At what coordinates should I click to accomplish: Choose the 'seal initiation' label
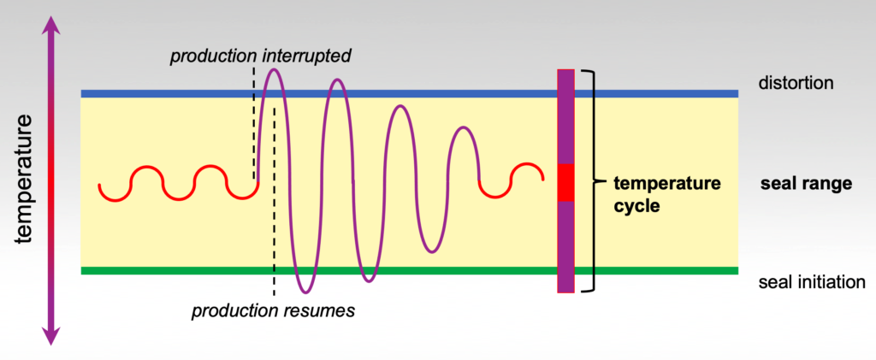point(812,282)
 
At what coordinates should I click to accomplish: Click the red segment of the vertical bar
point(565,182)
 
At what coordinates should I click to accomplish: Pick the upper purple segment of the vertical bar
point(565,115)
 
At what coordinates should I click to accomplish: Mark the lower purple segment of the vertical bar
point(565,246)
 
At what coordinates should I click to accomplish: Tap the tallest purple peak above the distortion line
point(272,69)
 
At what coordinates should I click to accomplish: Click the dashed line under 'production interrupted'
point(253,128)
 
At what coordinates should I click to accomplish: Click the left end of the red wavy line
point(100,184)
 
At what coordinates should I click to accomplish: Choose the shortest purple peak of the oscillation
point(464,129)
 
